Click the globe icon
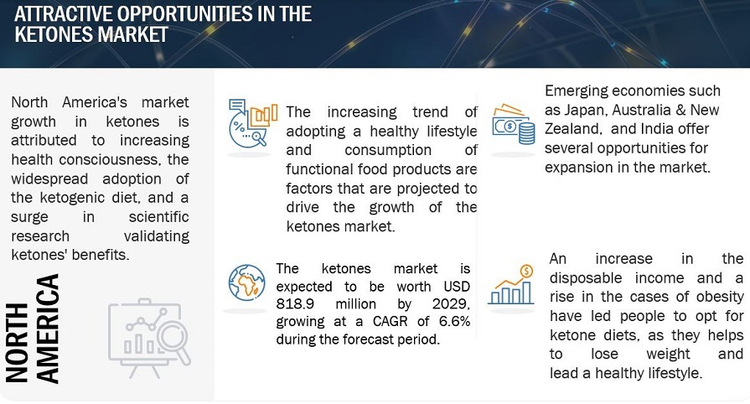click(x=246, y=282)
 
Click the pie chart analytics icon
click(x=252, y=122)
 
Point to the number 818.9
click(x=295, y=304)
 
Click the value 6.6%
click(x=454, y=321)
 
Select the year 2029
click(x=451, y=304)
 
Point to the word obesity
click(x=720, y=297)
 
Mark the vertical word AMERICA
click(x=49, y=329)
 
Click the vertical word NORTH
click(x=18, y=343)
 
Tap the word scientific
click(x=159, y=217)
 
